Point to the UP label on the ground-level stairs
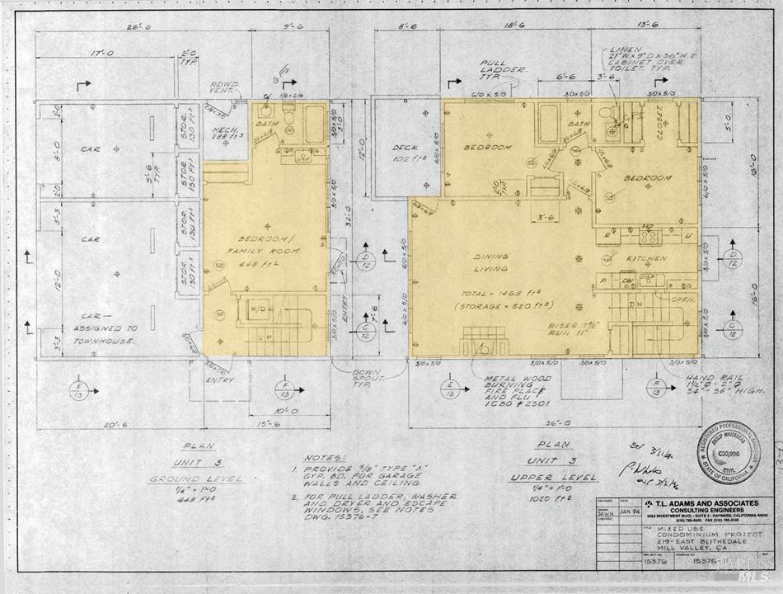pyautogui.click(x=263, y=338)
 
